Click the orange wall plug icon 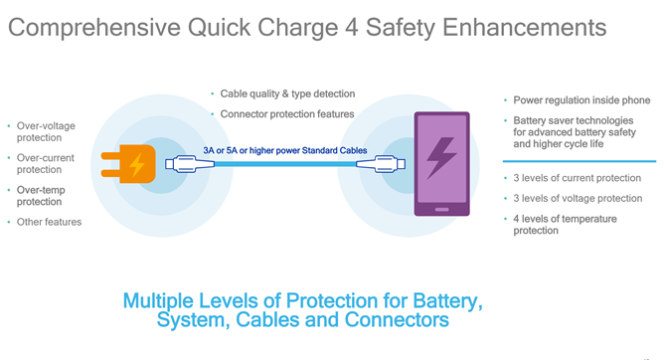128,164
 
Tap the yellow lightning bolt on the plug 136,164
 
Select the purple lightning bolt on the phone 440,157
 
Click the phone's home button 441,209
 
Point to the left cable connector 190,164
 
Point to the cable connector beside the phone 381,164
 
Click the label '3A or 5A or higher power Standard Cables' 285,150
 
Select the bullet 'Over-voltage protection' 46,131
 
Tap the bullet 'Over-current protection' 46,163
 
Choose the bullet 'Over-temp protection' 41,196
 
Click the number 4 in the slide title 352,28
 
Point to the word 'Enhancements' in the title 524,28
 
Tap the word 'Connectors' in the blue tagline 397,319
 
